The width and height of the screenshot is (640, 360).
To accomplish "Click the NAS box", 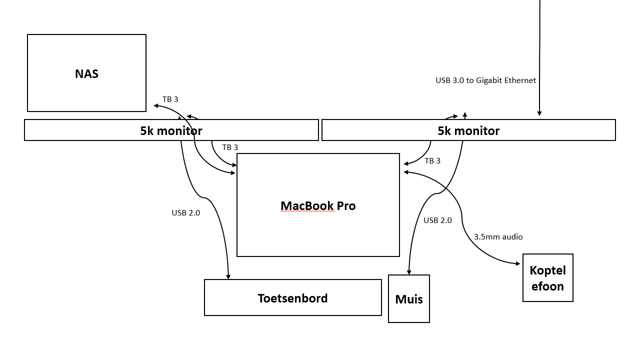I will (x=86, y=73).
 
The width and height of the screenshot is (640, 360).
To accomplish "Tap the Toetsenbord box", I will (x=292, y=298).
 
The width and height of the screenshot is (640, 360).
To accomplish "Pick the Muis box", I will (x=409, y=299).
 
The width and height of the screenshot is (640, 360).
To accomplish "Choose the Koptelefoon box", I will (x=547, y=278).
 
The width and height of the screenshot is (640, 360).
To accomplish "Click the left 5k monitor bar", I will (x=171, y=130).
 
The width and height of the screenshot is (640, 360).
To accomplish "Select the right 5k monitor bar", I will (x=468, y=130).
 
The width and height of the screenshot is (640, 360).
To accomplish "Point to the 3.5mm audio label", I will (x=498, y=237).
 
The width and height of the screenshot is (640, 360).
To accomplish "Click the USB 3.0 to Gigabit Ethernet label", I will (x=485, y=80).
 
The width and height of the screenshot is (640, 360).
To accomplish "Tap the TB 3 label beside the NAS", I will (x=170, y=99).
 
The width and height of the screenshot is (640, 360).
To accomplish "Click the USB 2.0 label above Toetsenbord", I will (x=185, y=213).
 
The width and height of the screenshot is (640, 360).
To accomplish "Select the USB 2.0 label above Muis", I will (x=437, y=220).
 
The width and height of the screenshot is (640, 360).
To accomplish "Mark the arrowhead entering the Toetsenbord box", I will (x=228, y=276).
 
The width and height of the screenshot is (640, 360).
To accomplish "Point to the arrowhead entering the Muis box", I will (x=408, y=272).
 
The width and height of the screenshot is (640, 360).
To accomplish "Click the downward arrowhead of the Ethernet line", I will (x=539, y=113).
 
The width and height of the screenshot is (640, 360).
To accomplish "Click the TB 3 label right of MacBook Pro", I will (x=432, y=161).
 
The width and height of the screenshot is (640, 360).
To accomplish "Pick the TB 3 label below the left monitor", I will (x=230, y=147).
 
